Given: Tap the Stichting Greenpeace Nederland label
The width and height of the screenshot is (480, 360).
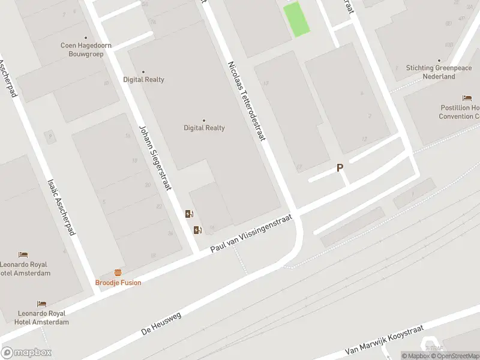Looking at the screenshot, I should (x=439, y=72).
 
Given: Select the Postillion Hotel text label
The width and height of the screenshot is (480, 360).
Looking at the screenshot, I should (x=460, y=112).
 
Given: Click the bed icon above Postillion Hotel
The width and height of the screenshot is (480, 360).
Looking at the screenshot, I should (x=467, y=98).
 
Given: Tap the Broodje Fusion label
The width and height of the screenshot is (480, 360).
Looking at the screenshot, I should (x=118, y=283).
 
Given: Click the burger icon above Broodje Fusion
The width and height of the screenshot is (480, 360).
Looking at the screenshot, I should (x=118, y=272).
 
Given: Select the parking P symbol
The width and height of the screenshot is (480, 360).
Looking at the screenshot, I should (x=340, y=169).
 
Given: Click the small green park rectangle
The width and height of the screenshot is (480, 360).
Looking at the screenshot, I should (x=296, y=19).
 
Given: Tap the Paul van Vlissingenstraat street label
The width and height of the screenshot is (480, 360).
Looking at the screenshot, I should (x=250, y=234).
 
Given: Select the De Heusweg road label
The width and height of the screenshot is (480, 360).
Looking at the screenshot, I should (x=161, y=323).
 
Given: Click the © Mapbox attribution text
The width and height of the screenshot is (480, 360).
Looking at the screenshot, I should (x=416, y=356).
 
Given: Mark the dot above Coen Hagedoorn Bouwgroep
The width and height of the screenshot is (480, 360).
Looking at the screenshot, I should (x=85, y=37).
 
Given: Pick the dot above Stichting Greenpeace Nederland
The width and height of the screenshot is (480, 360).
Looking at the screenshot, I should (x=439, y=60).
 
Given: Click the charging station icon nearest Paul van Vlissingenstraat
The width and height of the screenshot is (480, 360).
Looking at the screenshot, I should (x=197, y=230).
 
